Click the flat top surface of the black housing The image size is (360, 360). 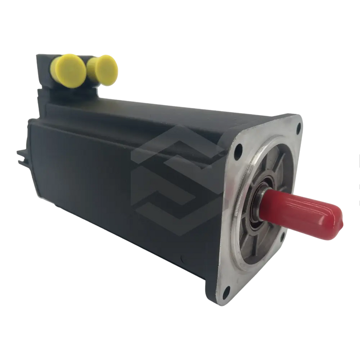[x=154, y=108]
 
